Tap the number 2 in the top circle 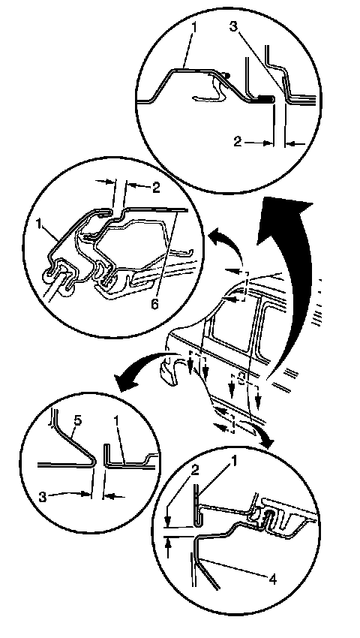click(238, 142)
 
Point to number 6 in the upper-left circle click(154, 303)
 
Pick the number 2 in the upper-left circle click(156, 187)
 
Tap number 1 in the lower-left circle click(117, 420)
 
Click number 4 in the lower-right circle click(273, 579)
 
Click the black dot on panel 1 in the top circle click(228, 75)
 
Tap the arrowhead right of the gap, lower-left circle click(109, 495)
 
